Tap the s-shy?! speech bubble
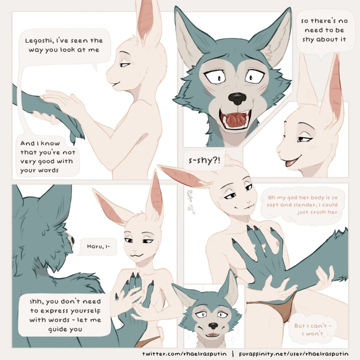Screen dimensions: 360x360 click(x=204, y=160)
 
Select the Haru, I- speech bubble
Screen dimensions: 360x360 click(x=98, y=246)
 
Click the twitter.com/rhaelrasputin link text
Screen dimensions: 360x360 click(x=184, y=354)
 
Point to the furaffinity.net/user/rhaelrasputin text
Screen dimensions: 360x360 click(x=293, y=354)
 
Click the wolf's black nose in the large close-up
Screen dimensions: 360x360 click(x=237, y=98)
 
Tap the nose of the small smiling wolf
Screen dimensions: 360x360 click(x=213, y=325)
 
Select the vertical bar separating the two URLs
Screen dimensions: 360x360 click(x=233, y=354)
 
